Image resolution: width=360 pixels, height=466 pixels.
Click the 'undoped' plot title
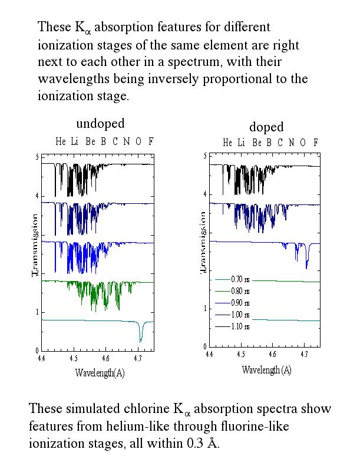tap(100, 124)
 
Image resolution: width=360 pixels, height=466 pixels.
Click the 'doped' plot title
tap(266, 127)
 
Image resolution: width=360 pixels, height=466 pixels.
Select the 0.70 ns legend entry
tap(241, 279)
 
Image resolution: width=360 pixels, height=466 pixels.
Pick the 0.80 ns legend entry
tap(241, 290)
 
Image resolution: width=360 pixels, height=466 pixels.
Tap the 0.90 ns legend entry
tap(241, 302)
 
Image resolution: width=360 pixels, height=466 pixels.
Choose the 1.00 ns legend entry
tap(241, 314)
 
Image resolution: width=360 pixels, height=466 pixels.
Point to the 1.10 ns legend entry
tap(241, 326)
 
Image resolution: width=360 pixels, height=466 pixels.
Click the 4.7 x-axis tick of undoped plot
tap(137, 358)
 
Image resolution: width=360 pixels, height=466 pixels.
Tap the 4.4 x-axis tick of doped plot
tap(209, 355)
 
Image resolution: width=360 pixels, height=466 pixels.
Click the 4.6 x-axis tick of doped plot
tap(272, 355)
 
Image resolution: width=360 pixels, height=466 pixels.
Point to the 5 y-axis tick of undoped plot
tap(37, 157)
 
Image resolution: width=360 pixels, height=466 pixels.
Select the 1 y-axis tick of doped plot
tap(205, 309)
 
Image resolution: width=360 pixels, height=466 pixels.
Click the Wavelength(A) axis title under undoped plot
tap(100, 373)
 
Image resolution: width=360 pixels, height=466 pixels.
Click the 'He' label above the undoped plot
tap(61, 141)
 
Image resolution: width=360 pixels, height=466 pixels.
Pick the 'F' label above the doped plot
tap(316, 143)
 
